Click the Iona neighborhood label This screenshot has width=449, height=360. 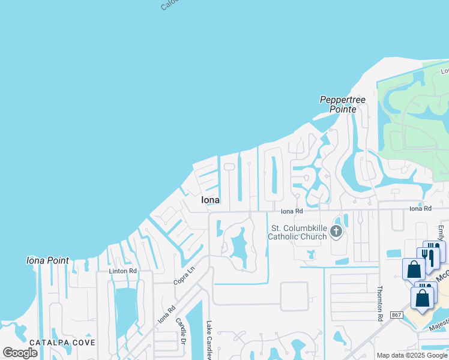pos(210,200)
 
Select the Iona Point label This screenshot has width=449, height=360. pos(47,260)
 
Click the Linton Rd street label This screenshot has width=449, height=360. pos(123,271)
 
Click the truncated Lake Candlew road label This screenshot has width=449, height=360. pos(209,339)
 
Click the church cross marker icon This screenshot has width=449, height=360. pos(336,231)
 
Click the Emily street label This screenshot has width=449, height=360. pos(441,231)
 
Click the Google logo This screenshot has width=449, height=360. pos(20,352)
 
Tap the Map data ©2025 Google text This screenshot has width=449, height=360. pos(412,355)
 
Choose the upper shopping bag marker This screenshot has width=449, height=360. pos(414,269)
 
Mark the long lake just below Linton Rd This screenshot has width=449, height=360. pos(126,306)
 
